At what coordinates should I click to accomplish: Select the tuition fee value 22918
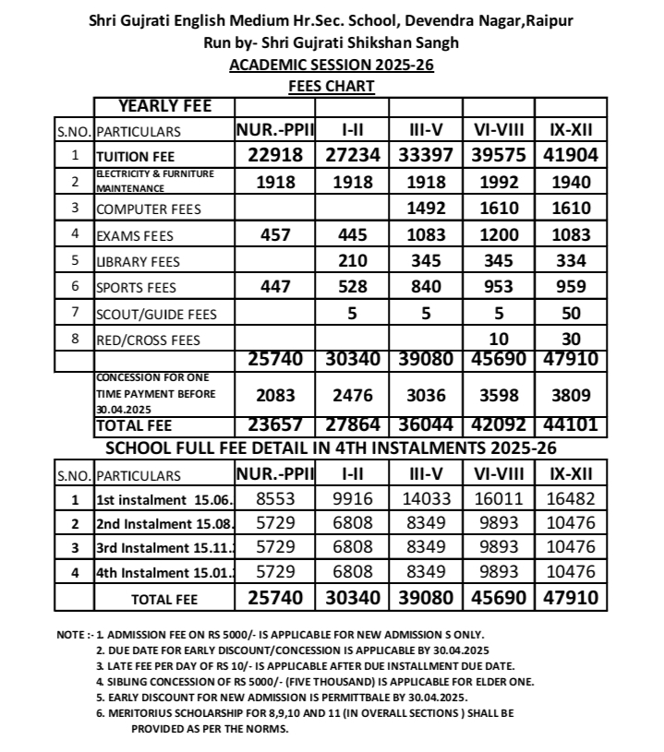pyautogui.click(x=275, y=155)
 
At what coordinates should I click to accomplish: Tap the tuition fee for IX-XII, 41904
pyautogui.click(x=564, y=155)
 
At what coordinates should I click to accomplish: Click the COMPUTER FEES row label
pyautogui.click(x=149, y=209)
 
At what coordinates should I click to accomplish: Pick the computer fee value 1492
pyautogui.click(x=426, y=209)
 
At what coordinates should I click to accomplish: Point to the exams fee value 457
pyautogui.click(x=275, y=234)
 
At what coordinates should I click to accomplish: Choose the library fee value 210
pyautogui.click(x=352, y=261)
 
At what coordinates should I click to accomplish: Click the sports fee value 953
pyautogui.click(x=499, y=287)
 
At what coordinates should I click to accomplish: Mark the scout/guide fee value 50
pyautogui.click(x=571, y=314)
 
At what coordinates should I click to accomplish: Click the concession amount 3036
pyautogui.click(x=426, y=396)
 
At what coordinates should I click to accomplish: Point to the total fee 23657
pyautogui.click(x=275, y=426)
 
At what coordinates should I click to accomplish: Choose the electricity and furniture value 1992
pyautogui.click(x=499, y=182)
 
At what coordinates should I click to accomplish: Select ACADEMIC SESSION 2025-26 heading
pyautogui.click(x=332, y=65)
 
